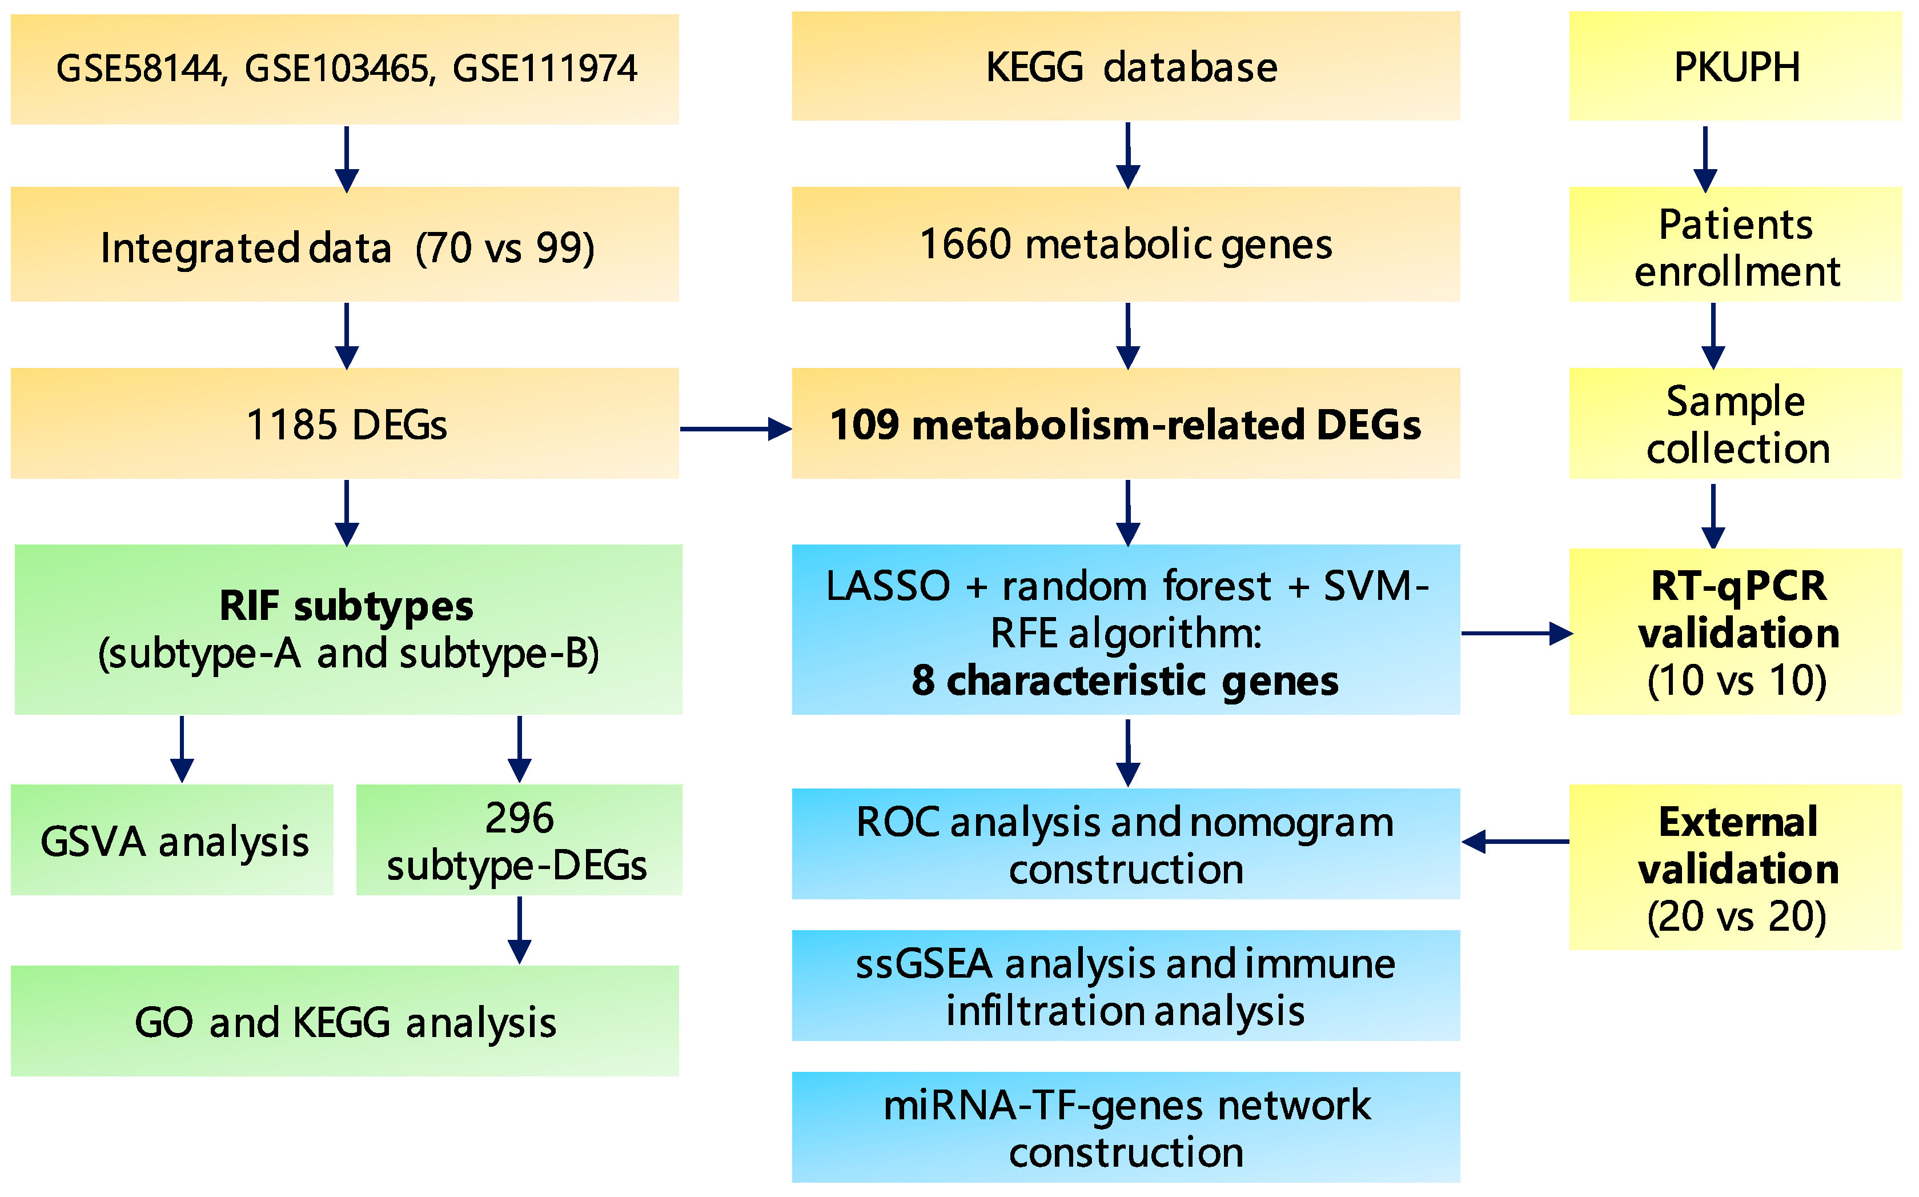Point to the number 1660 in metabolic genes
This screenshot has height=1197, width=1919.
pos(965,244)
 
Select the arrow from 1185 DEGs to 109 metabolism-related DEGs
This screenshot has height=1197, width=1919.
pos(735,429)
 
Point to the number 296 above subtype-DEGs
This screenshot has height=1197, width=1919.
pos(519,818)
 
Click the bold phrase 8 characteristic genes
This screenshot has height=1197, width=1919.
pos(1125,681)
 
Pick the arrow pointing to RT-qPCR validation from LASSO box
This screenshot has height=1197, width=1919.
pos(1515,633)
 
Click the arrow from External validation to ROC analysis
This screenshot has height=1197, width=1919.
pos(1515,842)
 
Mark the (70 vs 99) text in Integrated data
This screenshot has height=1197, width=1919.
pos(505,248)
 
